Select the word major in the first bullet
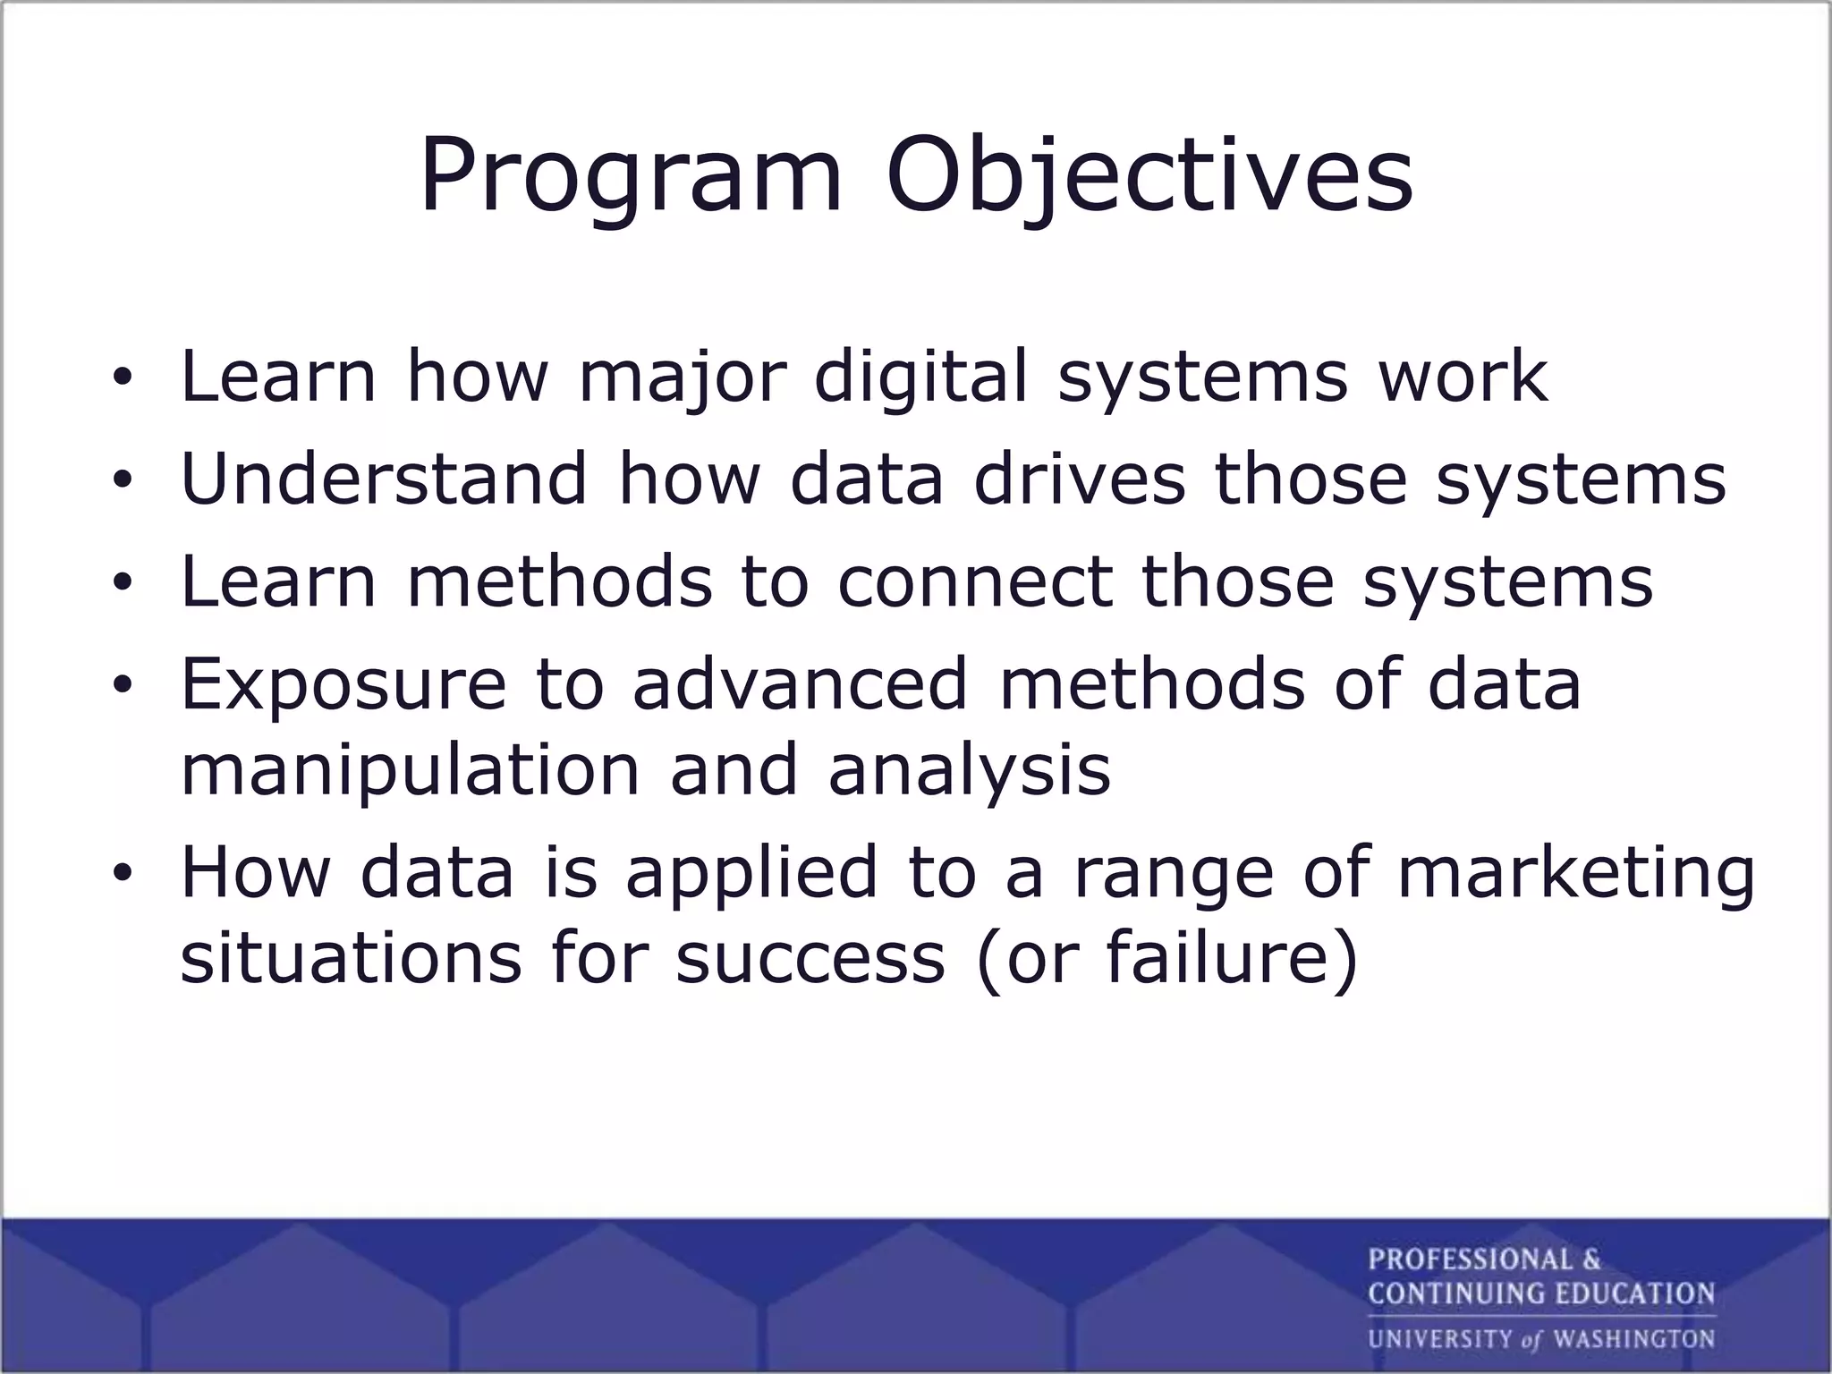(682, 377)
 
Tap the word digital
(921, 377)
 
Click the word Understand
(384, 479)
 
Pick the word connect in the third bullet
(975, 581)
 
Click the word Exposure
(343, 685)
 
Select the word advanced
(800, 685)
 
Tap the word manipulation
(411, 770)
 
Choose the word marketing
(1575, 873)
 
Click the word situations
(351, 958)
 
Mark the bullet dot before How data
(123, 876)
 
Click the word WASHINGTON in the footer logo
(1633, 1339)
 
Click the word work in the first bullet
(1463, 377)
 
